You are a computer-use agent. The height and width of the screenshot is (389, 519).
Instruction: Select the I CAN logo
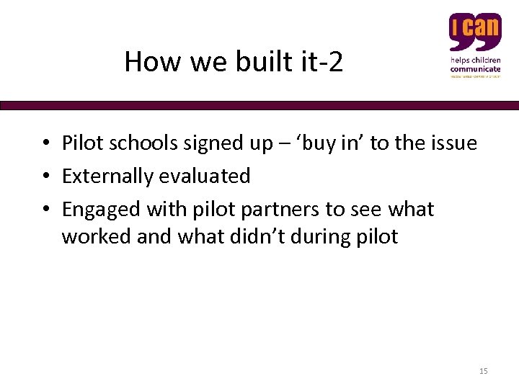point(475,45)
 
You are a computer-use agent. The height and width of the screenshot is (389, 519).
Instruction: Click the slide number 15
point(483,371)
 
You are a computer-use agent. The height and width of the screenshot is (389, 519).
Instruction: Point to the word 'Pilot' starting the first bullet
point(84,143)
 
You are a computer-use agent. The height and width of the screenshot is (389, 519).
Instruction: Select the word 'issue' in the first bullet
point(453,143)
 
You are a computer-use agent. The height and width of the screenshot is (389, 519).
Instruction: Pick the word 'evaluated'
point(215,176)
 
